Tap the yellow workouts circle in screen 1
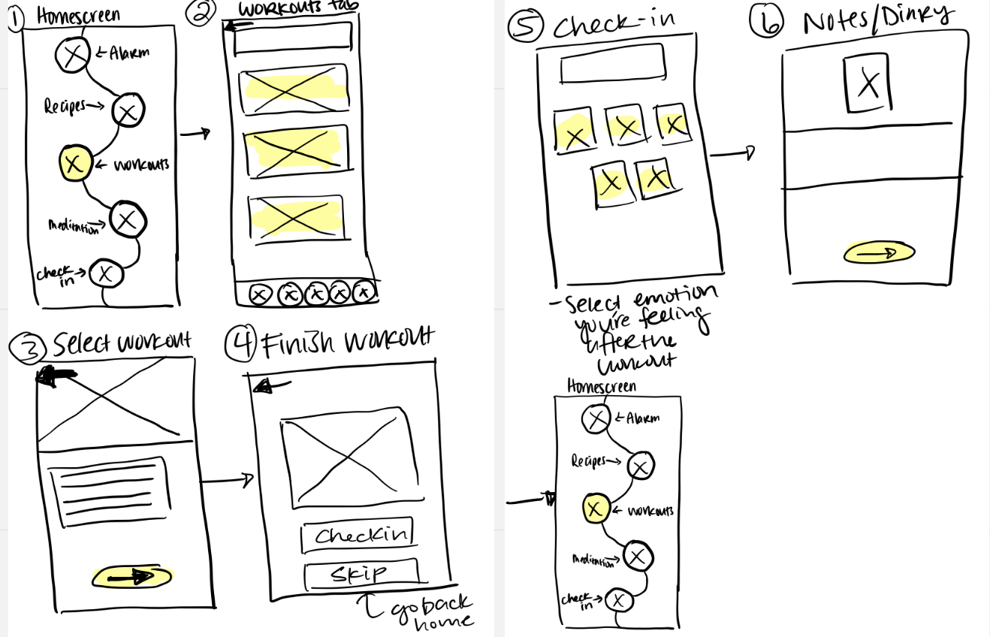pos(74,163)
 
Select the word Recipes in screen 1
pos(65,106)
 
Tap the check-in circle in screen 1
pos(105,274)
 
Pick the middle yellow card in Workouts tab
pos(296,149)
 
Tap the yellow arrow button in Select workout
pos(132,576)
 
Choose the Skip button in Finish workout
pos(361,575)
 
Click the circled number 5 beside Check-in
pos(526,27)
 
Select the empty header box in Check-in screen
pos(612,62)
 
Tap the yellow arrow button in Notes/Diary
pos(879,253)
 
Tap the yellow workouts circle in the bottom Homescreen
pos(595,509)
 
